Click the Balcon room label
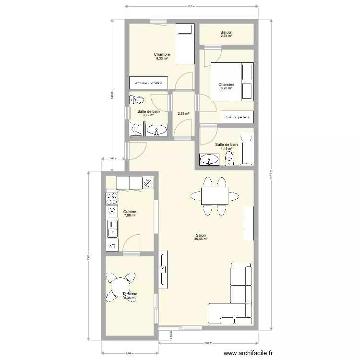point(226,32)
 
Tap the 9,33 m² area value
point(162,59)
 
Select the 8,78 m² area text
point(226,88)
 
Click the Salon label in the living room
point(201,235)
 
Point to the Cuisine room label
point(130,212)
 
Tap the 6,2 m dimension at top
point(191,6)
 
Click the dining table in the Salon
point(214,196)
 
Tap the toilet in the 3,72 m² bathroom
point(138,100)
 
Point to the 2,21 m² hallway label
point(183,114)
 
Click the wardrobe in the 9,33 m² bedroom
point(148,83)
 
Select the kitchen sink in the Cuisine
point(111,228)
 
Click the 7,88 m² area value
point(130,216)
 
